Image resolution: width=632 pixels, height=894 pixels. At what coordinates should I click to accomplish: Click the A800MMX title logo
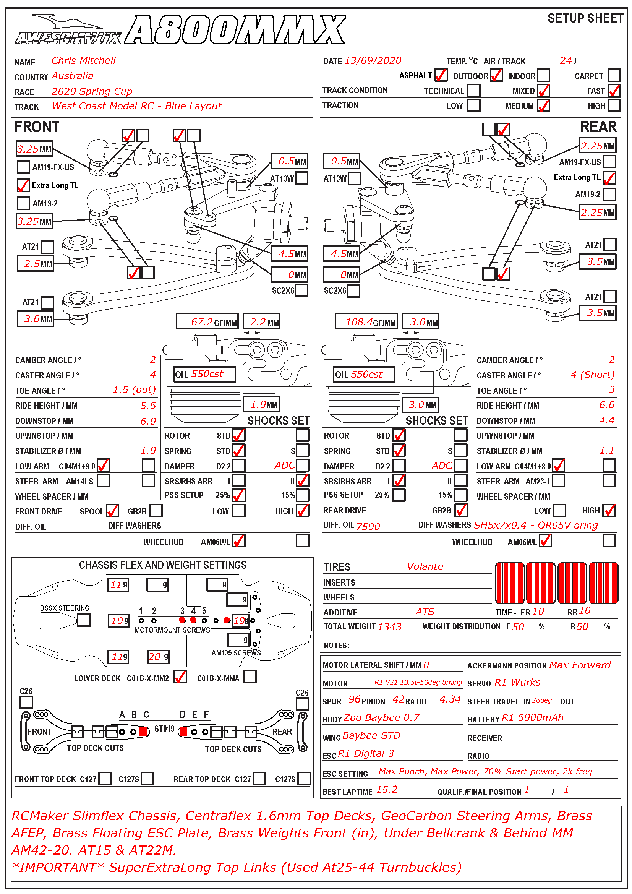point(235,30)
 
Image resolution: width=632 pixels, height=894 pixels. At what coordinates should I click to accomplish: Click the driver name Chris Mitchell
point(84,60)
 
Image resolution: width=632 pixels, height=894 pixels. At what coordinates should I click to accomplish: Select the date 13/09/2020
point(373,61)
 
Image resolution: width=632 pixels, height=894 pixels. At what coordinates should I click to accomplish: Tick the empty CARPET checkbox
point(614,75)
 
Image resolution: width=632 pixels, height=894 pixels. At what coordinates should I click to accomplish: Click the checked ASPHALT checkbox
point(441,75)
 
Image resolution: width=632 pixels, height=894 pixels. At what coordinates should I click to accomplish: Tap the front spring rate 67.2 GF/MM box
point(207,322)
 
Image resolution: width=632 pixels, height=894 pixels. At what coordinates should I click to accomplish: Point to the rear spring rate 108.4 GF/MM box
point(366,322)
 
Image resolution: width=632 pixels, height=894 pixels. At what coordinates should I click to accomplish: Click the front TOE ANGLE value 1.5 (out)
point(134,390)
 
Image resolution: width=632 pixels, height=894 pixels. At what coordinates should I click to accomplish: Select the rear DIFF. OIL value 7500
point(368,526)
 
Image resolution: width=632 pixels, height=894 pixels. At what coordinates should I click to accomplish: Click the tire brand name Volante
point(425,566)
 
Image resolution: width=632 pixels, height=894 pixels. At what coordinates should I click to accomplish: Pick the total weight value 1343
point(389,626)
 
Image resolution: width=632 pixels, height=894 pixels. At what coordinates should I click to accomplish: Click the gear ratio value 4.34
point(450,699)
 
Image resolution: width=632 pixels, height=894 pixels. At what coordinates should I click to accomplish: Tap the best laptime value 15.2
point(387,789)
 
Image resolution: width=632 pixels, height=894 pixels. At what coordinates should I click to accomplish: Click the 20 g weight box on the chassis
point(158,657)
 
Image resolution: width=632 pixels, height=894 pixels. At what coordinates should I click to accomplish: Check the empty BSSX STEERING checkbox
point(84,620)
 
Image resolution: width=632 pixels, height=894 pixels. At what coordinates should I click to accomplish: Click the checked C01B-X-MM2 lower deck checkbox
point(180,677)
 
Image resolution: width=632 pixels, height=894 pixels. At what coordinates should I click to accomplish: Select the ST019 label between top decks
point(164,729)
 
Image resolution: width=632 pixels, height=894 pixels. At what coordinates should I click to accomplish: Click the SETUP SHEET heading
point(585,18)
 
